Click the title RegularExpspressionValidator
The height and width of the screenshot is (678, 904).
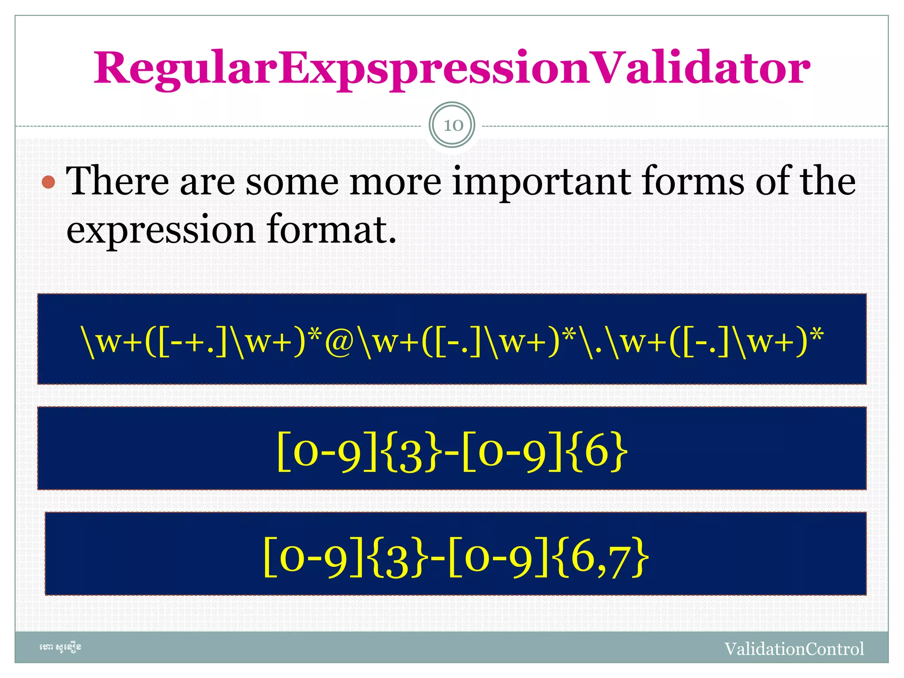[x=452, y=68]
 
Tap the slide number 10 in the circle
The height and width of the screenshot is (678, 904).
[x=452, y=125]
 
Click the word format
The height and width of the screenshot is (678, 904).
[x=331, y=230]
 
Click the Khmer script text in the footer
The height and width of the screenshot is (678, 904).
[x=60, y=648]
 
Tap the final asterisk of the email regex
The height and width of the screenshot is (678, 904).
[x=817, y=336]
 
